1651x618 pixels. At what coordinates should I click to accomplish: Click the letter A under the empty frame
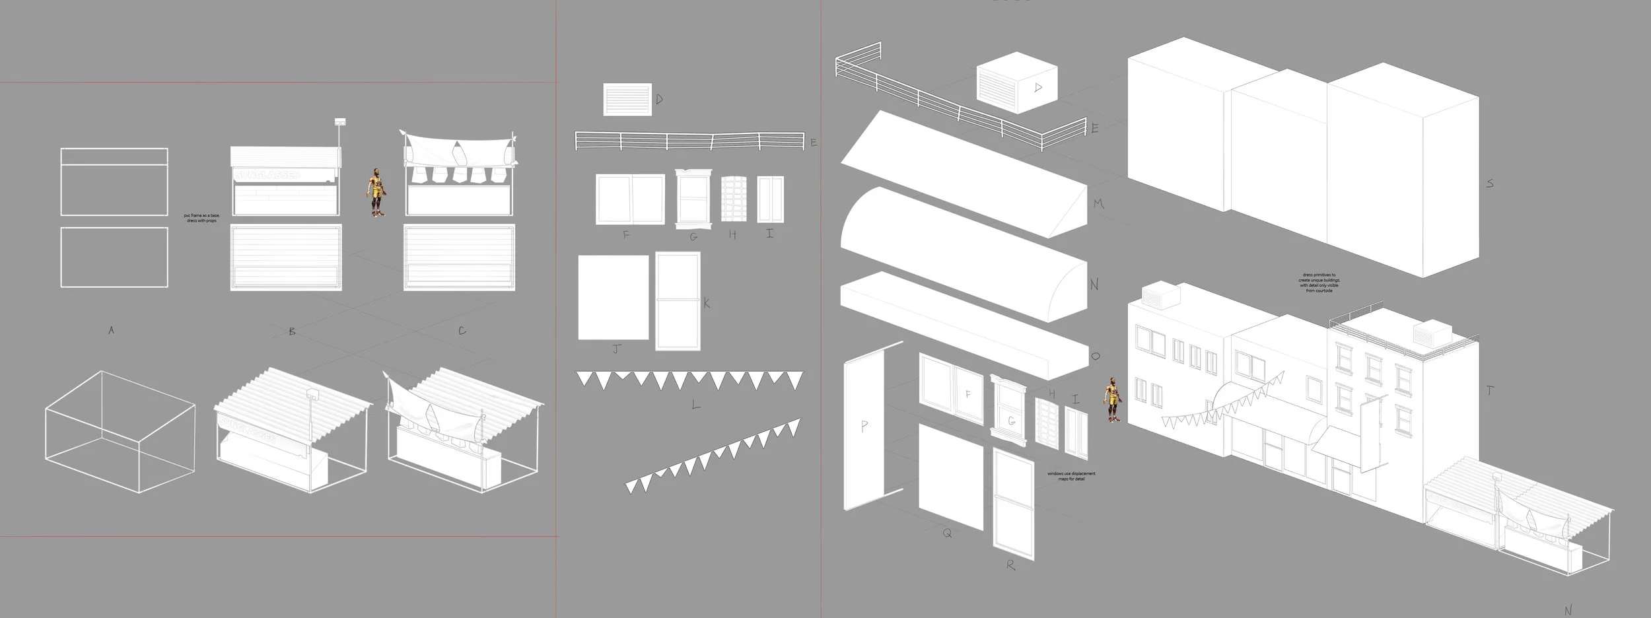click(x=112, y=330)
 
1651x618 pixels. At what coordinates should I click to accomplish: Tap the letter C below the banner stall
click(x=462, y=330)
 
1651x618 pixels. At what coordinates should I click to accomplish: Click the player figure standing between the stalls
click(x=376, y=192)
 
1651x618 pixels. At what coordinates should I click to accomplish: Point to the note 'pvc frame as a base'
click(x=201, y=218)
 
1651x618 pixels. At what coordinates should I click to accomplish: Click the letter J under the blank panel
click(x=616, y=349)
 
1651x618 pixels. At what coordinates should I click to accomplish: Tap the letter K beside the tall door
click(x=706, y=303)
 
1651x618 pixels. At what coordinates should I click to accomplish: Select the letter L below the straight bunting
click(x=695, y=405)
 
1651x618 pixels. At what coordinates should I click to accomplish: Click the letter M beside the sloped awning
click(x=1098, y=204)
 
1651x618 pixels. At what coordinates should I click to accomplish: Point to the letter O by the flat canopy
click(x=1096, y=357)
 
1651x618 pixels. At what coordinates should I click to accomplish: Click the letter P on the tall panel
click(x=864, y=427)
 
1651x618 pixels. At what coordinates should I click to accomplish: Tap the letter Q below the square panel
click(x=947, y=533)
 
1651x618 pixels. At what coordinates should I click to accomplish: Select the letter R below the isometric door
click(x=1010, y=565)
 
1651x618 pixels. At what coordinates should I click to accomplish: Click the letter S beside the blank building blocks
click(x=1489, y=184)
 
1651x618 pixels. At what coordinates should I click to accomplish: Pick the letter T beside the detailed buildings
click(x=1489, y=391)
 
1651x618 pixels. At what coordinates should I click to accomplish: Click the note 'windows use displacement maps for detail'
click(x=1071, y=476)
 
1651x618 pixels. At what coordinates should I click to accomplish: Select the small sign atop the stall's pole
click(x=340, y=122)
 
